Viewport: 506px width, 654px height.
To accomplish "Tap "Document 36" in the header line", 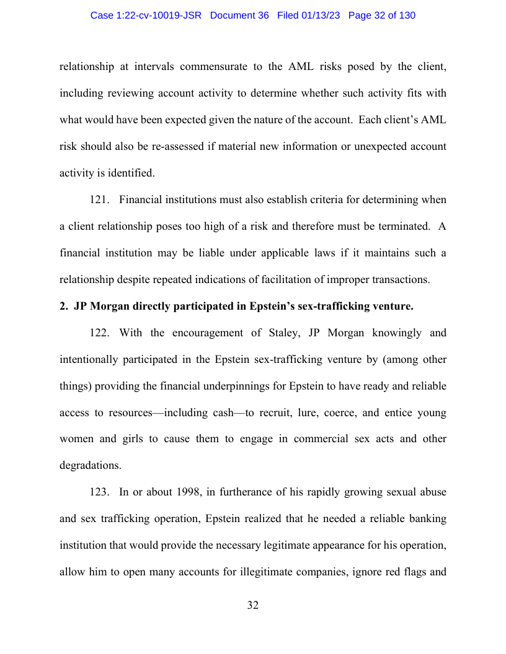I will pyautogui.click(x=239, y=15).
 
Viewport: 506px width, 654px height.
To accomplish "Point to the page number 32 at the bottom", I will pyautogui.click(x=252, y=605).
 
